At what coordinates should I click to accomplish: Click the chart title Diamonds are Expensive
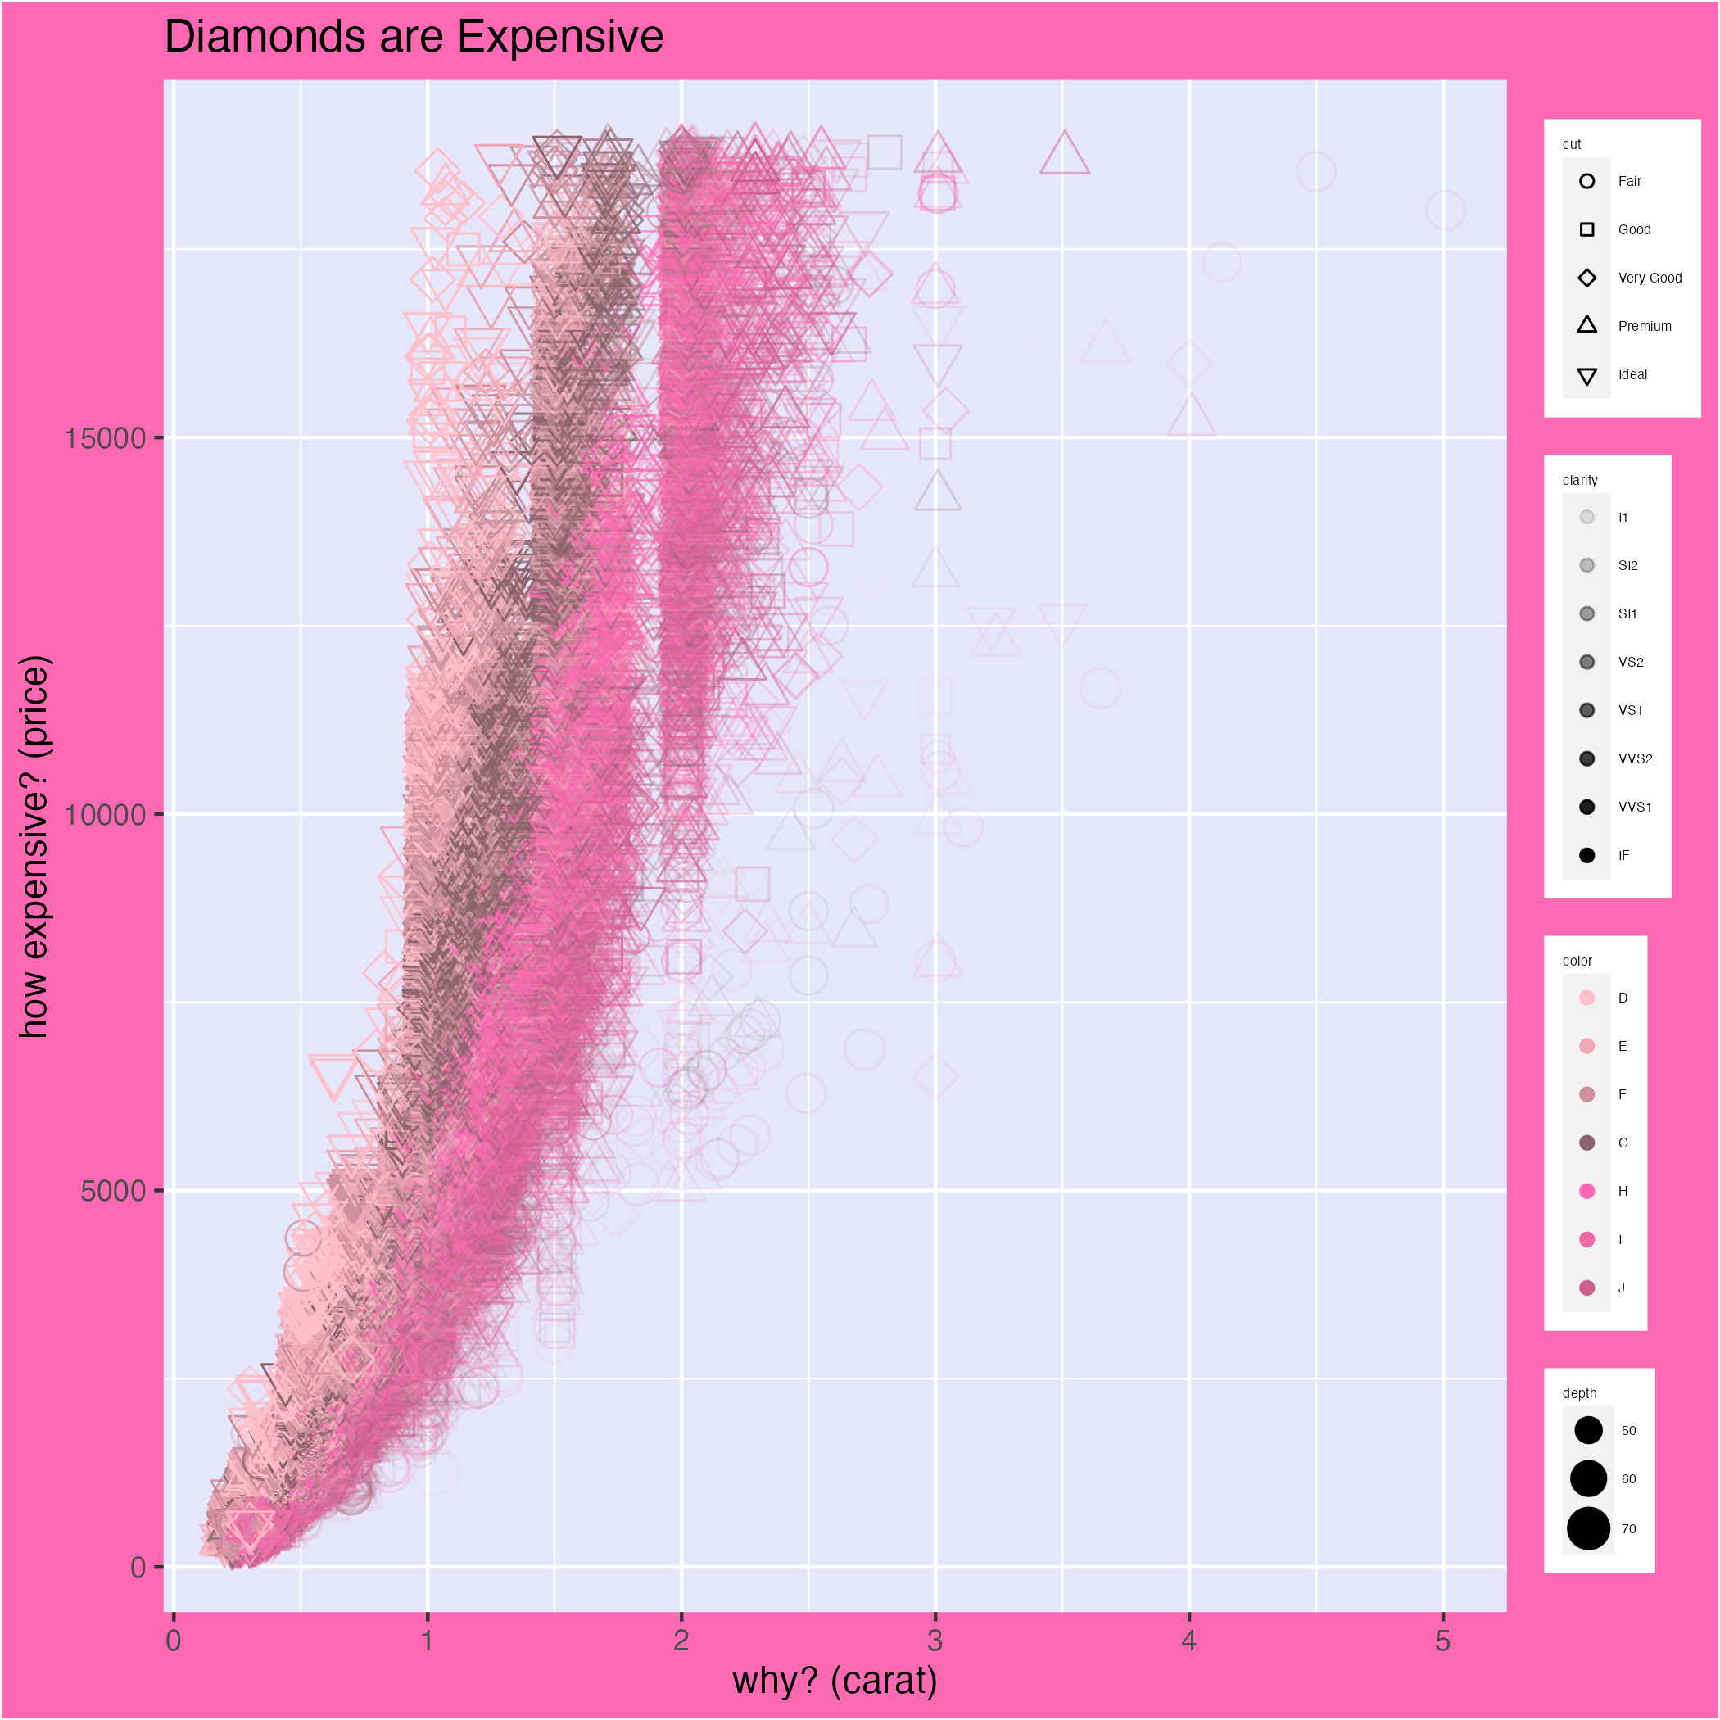[414, 38]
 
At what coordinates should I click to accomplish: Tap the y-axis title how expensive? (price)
[35, 847]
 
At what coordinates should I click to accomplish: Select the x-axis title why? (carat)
[834, 1680]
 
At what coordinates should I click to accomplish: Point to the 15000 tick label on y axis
[104, 438]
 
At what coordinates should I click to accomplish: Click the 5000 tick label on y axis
[112, 1191]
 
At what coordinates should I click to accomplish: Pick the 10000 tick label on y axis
[104, 815]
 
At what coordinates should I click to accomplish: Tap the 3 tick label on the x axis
[935, 1640]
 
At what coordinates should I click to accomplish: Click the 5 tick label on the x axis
[1442, 1640]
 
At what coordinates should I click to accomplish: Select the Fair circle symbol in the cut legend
[1586, 182]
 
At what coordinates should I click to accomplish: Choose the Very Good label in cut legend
[1650, 278]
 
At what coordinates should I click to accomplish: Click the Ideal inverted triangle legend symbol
[1586, 376]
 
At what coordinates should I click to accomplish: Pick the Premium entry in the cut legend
[1645, 327]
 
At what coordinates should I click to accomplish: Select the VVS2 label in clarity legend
[1635, 758]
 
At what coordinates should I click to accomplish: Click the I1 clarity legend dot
[1586, 518]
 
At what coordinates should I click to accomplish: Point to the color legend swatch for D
[1586, 998]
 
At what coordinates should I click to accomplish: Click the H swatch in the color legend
[1586, 1191]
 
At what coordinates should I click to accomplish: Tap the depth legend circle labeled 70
[1588, 1528]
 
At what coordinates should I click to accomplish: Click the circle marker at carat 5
[1445, 211]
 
